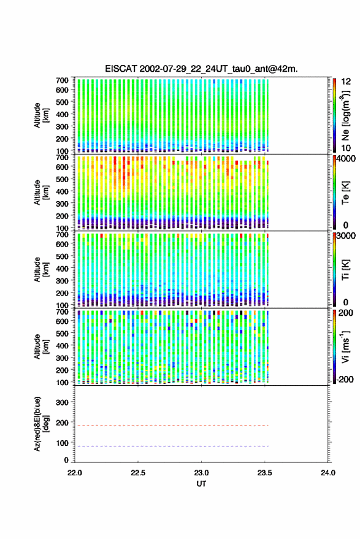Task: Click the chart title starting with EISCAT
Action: (x=201, y=69)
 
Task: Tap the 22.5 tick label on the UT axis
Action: (x=138, y=473)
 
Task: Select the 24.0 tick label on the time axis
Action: (x=327, y=473)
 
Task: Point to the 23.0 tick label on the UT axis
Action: (x=201, y=473)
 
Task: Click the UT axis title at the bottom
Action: (x=201, y=484)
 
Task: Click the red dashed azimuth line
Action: (x=172, y=426)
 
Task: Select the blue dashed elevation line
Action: (x=172, y=446)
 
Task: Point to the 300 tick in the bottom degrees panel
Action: (x=62, y=402)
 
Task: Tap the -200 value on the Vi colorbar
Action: (x=345, y=379)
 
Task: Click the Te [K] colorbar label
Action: (x=345, y=193)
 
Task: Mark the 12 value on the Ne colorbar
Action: (x=347, y=82)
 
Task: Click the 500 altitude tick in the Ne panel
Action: (x=62, y=102)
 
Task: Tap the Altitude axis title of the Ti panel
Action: (x=41, y=270)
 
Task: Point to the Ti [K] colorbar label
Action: (x=345, y=270)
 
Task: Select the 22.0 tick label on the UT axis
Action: (x=75, y=473)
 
